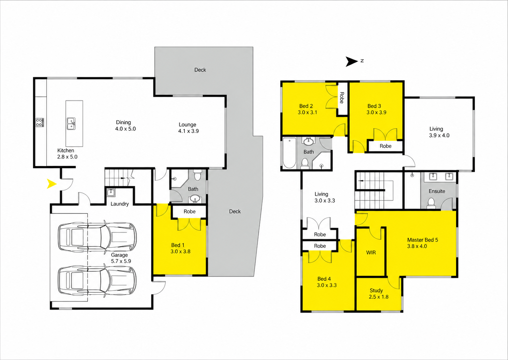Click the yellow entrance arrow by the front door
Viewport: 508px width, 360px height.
pyautogui.click(x=52, y=184)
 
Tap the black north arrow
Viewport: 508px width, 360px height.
pyautogui.click(x=352, y=62)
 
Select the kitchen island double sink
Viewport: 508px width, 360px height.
pyautogui.click(x=71, y=124)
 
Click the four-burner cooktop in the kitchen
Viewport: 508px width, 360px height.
pyautogui.click(x=40, y=122)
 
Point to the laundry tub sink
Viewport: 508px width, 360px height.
pyautogui.click(x=111, y=193)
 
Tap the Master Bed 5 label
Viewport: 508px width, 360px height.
pyautogui.click(x=422, y=240)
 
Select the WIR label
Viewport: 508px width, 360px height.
pyautogui.click(x=371, y=253)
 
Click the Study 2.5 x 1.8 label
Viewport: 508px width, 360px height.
pyautogui.click(x=378, y=294)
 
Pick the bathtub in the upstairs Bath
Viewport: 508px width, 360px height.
pyautogui.click(x=289, y=153)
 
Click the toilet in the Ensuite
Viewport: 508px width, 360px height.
pyautogui.click(x=431, y=203)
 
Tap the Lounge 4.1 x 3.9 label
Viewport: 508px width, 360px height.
pyautogui.click(x=188, y=128)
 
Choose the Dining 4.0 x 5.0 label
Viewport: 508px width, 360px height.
pyautogui.click(x=125, y=125)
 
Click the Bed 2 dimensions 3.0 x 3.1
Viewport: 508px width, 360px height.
pyautogui.click(x=307, y=112)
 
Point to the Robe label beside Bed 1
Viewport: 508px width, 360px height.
pyautogui.click(x=190, y=211)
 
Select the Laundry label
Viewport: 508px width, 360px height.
pyautogui.click(x=120, y=204)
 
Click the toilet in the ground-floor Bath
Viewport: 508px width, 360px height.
pyautogui.click(x=197, y=176)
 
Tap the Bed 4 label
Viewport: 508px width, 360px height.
pyautogui.click(x=324, y=279)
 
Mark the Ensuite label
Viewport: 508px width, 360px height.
pyautogui.click(x=437, y=191)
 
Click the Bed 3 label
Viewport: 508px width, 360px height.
pyautogui.click(x=374, y=106)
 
